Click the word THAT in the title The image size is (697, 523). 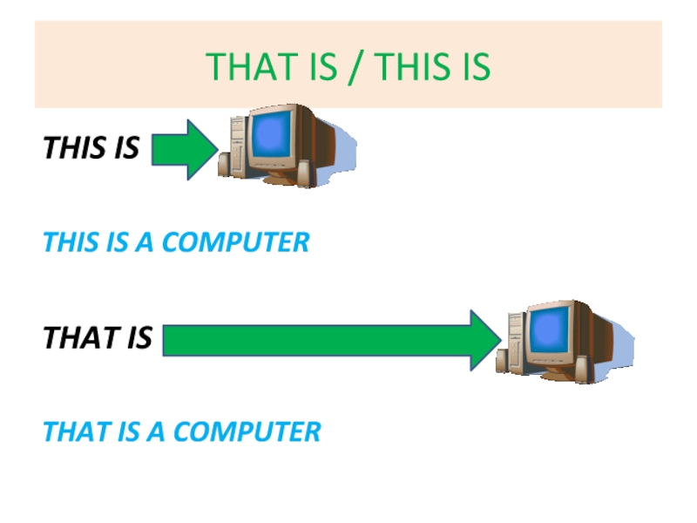(x=243, y=67)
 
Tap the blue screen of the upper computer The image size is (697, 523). (x=273, y=133)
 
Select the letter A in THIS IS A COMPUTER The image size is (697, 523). (x=144, y=242)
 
